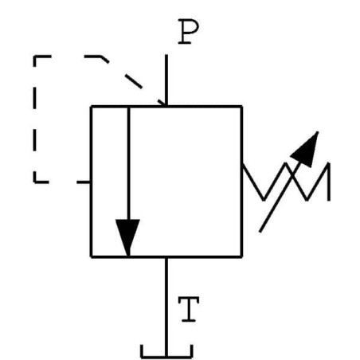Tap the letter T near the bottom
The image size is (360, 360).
pos(187,308)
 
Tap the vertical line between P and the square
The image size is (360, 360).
pos(166,80)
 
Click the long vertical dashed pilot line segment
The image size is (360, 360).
pos(35,119)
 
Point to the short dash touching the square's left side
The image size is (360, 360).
pos(82,182)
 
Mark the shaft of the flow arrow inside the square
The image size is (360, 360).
pos(127,159)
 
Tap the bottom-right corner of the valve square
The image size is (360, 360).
pos(241,256)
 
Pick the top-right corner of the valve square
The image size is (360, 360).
pos(241,106)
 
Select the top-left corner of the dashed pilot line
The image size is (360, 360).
pos(35,57)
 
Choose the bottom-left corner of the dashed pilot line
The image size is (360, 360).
pos(35,182)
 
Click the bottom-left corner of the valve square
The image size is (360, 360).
pos(91,256)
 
